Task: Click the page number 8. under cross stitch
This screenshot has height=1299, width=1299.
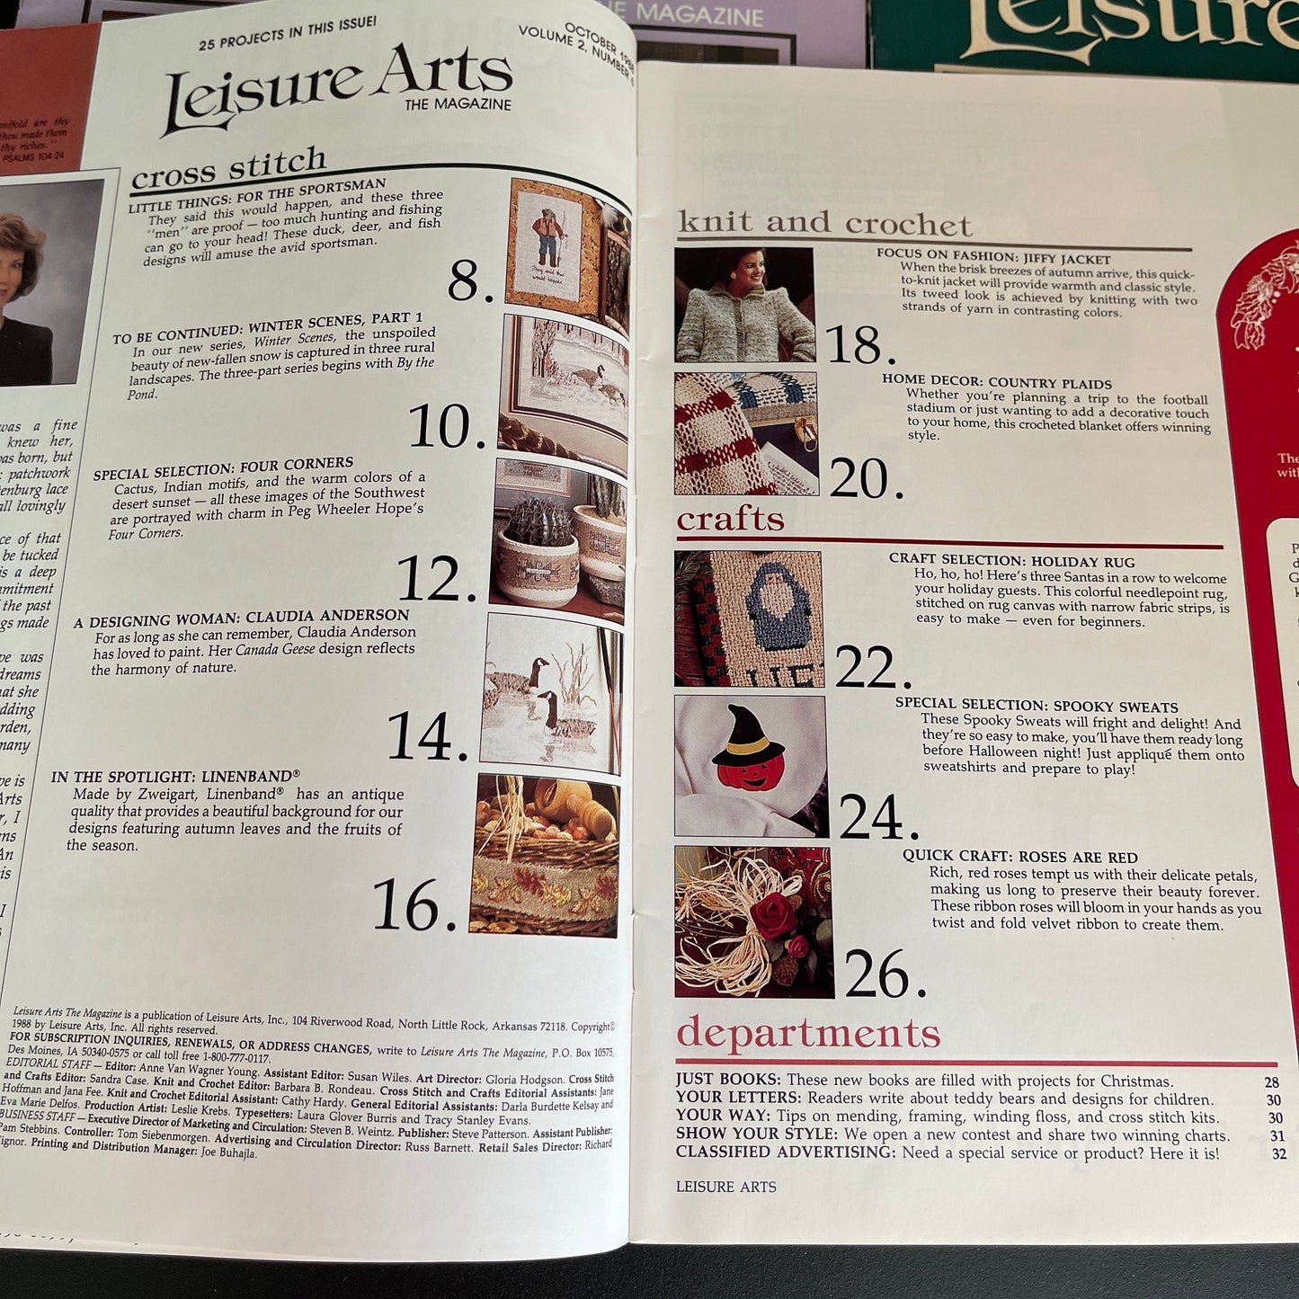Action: click(x=470, y=281)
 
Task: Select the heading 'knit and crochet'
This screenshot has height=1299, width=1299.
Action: click(x=824, y=223)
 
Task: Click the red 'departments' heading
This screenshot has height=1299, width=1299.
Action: click(x=807, y=1034)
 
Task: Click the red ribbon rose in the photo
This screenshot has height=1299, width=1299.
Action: click(x=775, y=915)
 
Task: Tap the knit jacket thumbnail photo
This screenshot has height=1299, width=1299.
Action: click(x=744, y=306)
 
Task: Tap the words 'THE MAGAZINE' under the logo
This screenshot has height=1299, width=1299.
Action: click(x=458, y=104)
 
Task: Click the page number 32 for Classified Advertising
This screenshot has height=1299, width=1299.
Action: click(x=1278, y=1154)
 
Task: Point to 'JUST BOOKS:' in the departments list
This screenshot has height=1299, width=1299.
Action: click(x=728, y=1080)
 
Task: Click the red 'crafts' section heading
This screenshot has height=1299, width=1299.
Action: click(x=730, y=520)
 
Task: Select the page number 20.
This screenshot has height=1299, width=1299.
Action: click(x=866, y=479)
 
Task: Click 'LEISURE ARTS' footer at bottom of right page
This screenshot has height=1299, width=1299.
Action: click(x=725, y=1187)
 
